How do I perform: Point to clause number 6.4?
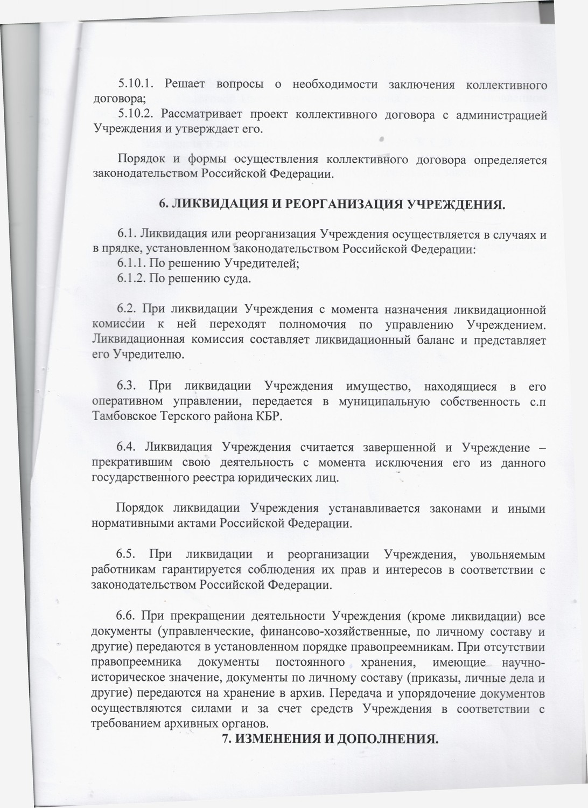pos(128,448)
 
